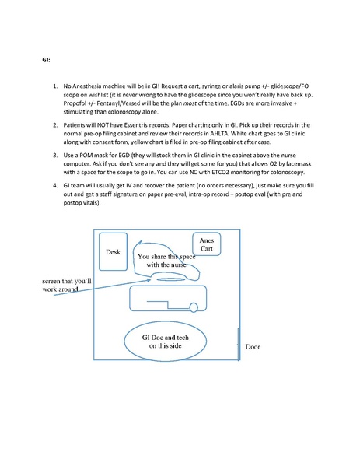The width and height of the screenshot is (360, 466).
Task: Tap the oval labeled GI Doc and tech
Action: coord(165,340)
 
